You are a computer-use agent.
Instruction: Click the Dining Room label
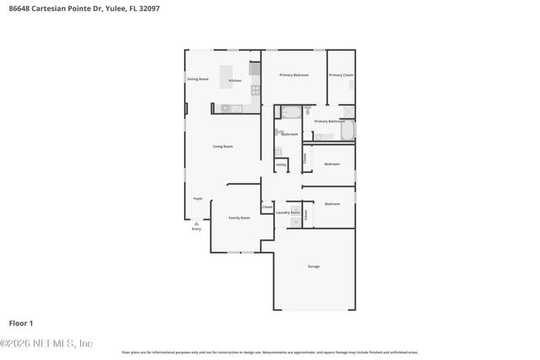click(x=197, y=79)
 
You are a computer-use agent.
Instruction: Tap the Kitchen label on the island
click(x=235, y=80)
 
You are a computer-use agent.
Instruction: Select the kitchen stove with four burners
click(x=255, y=89)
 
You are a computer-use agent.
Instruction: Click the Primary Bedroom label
click(x=294, y=75)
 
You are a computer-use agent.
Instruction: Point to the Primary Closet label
click(x=341, y=75)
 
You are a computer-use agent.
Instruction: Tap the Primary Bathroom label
click(x=330, y=121)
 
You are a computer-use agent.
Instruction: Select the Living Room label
click(x=223, y=147)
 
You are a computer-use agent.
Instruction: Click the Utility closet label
click(x=293, y=164)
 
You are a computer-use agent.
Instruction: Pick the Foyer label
click(x=197, y=198)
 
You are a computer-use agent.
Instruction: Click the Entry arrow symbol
click(x=197, y=223)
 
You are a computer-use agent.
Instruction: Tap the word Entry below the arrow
click(x=197, y=228)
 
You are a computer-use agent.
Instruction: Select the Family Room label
click(x=240, y=218)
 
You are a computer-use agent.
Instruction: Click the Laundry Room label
click(x=288, y=212)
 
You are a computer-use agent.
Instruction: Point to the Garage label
click(x=313, y=266)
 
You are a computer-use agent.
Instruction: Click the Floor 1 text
click(x=21, y=323)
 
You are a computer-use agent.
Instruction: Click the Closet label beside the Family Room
click(x=267, y=207)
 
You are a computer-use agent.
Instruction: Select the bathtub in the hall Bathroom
click(x=291, y=110)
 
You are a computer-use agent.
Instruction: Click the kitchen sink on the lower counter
click(x=236, y=108)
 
